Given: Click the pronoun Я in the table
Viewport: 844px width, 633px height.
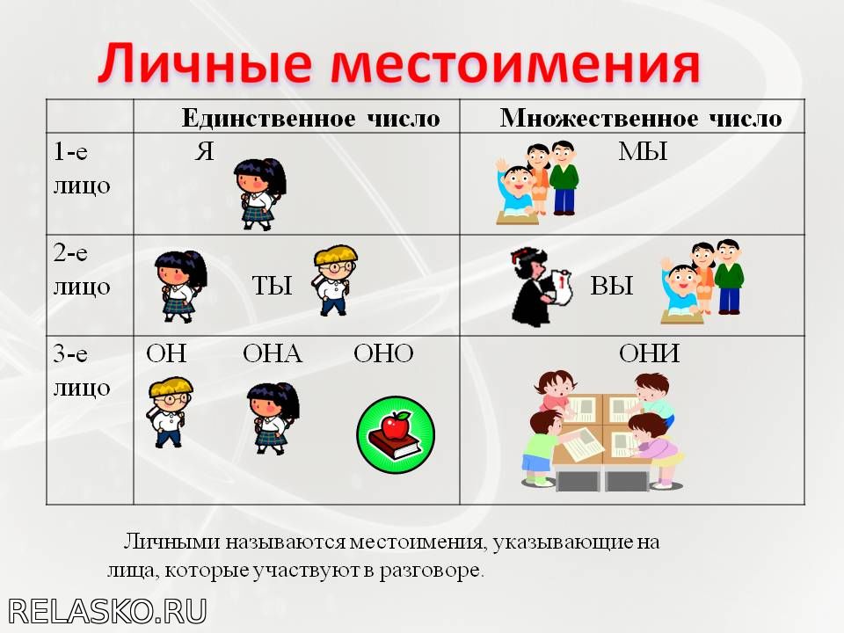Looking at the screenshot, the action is click(205, 151).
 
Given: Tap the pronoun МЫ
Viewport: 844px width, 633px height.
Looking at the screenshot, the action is click(644, 151).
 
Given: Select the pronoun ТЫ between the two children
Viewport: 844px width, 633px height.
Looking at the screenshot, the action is click(273, 285).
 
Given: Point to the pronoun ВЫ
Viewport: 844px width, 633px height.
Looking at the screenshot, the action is click(612, 285).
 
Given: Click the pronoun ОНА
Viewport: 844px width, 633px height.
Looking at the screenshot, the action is click(273, 353).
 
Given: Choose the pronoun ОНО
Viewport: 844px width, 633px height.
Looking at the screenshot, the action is click(384, 353).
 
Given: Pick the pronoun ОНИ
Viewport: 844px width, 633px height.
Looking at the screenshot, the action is click(649, 353).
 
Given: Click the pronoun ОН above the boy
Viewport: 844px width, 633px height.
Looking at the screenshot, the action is click(166, 353).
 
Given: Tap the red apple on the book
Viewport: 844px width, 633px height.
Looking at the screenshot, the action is click(396, 426).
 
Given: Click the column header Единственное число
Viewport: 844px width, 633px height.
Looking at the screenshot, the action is click(311, 118).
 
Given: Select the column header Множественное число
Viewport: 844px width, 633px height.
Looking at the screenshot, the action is click(641, 118).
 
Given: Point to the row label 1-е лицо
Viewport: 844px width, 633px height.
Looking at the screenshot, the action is click(82, 169).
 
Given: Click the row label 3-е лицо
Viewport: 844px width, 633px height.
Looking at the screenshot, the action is click(82, 371).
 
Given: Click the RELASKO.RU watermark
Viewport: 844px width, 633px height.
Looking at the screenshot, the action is click(107, 611).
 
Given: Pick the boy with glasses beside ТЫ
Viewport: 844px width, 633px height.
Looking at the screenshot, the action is click(335, 280).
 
